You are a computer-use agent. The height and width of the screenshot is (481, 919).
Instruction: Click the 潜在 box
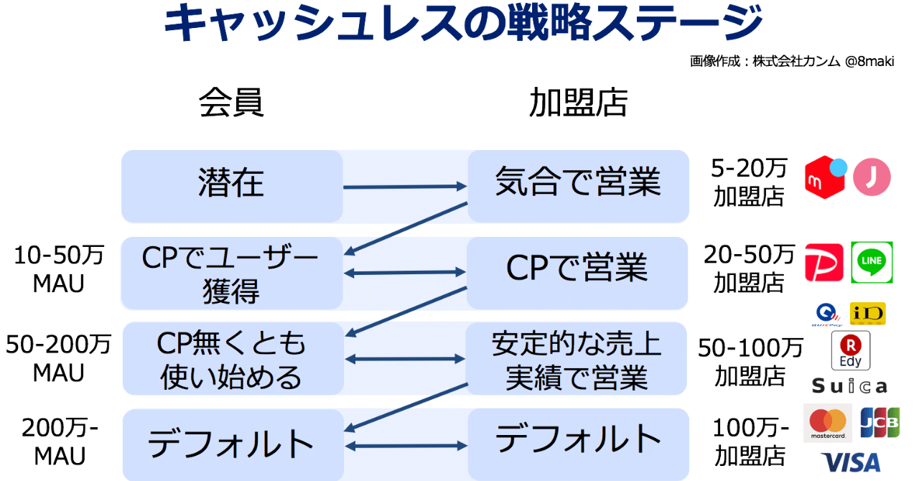(231, 185)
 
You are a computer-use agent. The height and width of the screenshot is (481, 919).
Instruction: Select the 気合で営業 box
(577, 185)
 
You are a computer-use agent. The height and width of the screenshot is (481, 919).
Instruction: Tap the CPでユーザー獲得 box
(231, 273)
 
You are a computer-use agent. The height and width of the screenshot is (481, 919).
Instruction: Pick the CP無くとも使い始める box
(231, 359)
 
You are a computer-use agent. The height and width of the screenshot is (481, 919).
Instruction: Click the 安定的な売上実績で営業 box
(577, 359)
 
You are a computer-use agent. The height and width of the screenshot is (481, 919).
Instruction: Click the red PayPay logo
(824, 263)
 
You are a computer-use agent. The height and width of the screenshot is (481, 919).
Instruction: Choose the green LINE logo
(872, 262)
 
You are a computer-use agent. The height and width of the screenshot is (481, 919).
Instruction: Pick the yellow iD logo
(867, 314)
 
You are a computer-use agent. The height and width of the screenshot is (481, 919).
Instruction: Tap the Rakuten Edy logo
(850, 350)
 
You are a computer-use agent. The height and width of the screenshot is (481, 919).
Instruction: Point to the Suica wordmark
(849, 386)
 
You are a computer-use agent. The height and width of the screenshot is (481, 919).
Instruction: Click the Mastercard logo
(827, 424)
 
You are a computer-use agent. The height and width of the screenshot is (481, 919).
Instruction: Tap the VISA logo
(851, 462)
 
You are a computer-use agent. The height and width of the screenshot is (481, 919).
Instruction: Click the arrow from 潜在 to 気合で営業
(405, 187)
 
